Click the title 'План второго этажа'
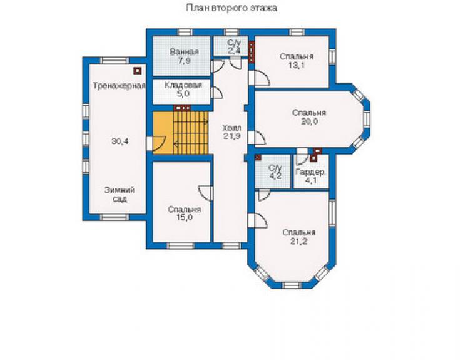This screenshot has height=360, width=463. pyautogui.click(x=232, y=8)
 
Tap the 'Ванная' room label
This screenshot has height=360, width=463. pyautogui.click(x=184, y=53)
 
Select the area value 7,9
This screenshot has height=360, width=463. pyautogui.click(x=184, y=61)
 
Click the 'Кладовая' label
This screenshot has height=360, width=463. pyautogui.click(x=183, y=85)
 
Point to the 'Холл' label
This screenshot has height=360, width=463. pyautogui.click(x=232, y=128)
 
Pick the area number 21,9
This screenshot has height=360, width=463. pyautogui.click(x=232, y=136)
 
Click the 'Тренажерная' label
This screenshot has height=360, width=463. pyautogui.click(x=120, y=86)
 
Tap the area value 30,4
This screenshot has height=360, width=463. pyautogui.click(x=120, y=141)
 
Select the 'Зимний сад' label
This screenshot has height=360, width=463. pyautogui.click(x=120, y=195)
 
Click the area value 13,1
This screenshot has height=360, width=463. pyautogui.click(x=297, y=65)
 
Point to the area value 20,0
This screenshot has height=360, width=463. pyautogui.click(x=309, y=121)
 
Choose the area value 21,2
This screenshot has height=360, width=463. pyautogui.click(x=298, y=242)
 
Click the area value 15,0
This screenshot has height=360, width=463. pyautogui.click(x=184, y=218)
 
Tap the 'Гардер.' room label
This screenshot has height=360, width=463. pyautogui.click(x=310, y=172)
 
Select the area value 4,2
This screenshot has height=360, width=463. pyautogui.click(x=275, y=177)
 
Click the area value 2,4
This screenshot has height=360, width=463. pyautogui.click(x=234, y=51)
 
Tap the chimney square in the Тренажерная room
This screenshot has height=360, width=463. pyautogui.click(x=137, y=71)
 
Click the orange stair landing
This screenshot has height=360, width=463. pyautogui.click(x=163, y=133)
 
